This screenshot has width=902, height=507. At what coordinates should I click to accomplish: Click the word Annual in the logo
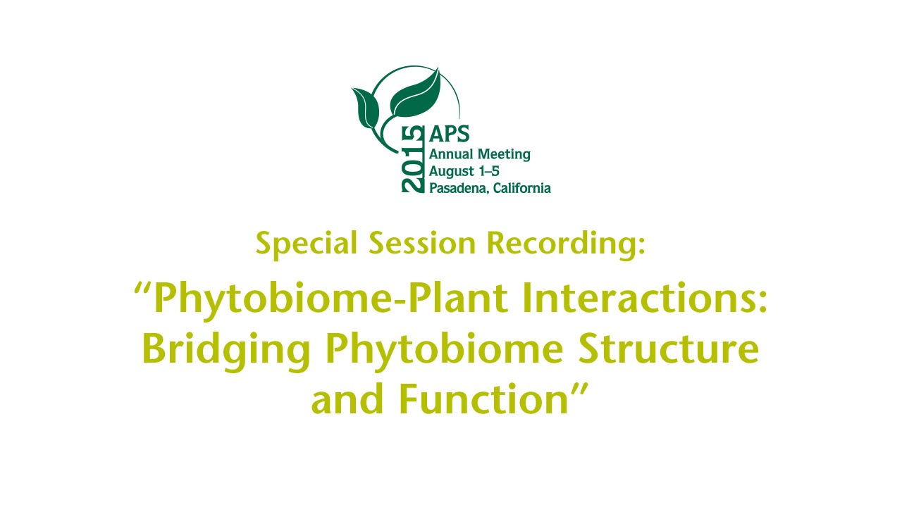(451, 154)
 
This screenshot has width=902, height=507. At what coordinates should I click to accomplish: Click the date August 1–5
(469, 171)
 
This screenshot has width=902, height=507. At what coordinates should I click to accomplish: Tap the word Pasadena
(458, 188)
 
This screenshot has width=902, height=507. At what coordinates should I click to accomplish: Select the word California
(521, 188)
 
